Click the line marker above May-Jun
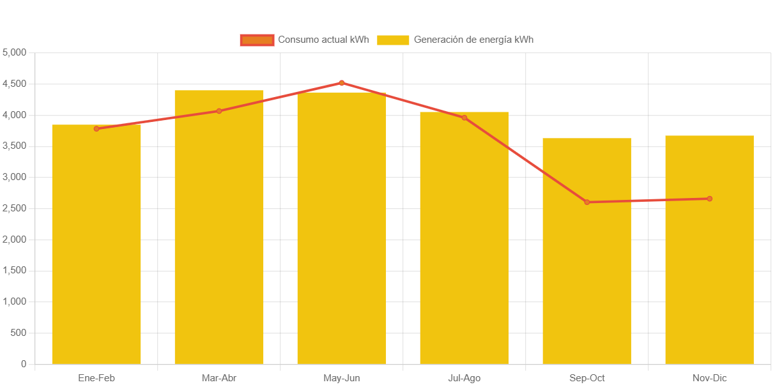coord(342,83)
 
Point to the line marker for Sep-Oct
coord(587,202)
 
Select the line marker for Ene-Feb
coord(96,129)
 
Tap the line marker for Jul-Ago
coord(464,118)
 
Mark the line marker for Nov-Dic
coord(709,199)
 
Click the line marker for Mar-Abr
coord(219,111)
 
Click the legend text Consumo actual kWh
coord(323,40)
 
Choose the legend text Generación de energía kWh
coord(473,40)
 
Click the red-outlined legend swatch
coord(257,40)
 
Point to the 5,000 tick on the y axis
coord(15,52)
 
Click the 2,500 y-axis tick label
coord(15,208)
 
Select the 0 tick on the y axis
coord(24,364)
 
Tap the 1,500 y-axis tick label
coord(15,271)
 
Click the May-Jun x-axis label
coord(342,378)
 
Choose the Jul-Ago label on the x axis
coord(464,378)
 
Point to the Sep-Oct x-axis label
coord(587,378)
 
